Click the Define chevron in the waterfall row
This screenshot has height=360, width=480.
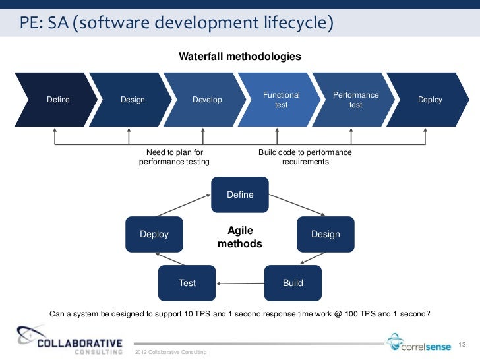(58, 100)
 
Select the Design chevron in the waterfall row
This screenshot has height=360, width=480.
(133, 100)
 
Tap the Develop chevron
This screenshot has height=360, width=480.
(207, 100)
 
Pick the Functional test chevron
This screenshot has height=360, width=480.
(282, 100)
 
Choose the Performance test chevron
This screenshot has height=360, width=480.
(356, 100)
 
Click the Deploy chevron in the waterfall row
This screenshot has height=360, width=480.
(430, 100)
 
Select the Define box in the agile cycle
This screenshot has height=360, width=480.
(240, 195)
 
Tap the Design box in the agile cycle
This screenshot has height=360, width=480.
(326, 234)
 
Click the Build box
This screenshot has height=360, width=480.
(293, 283)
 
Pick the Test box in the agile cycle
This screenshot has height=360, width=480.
(187, 283)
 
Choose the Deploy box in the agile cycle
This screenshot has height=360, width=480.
(154, 234)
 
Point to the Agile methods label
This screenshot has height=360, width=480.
(240, 237)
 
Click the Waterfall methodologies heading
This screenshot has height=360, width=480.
(240, 57)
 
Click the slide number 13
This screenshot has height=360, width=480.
(462, 345)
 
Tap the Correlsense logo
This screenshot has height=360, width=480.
(419, 342)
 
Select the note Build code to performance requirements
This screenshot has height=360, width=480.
(305, 157)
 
